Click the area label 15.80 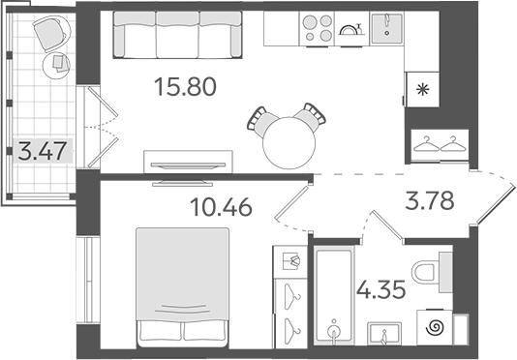pos(184,88)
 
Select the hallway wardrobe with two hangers pos(438,145)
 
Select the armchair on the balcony pos(47,35)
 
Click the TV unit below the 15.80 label pos(188,160)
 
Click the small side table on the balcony pos(60,63)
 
